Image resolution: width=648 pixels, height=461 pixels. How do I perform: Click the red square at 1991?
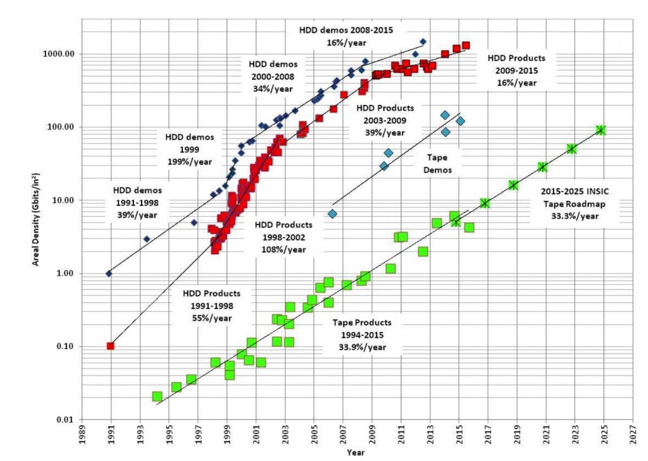[x=110, y=346]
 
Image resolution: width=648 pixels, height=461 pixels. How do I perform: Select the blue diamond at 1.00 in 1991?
[x=108, y=273]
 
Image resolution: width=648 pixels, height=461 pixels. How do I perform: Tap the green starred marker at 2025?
[x=601, y=130]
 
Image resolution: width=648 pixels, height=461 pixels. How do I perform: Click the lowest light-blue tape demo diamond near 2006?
[x=332, y=214]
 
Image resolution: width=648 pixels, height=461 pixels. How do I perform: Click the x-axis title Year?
[x=355, y=453]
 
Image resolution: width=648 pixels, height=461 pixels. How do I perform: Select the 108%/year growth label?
[x=284, y=249]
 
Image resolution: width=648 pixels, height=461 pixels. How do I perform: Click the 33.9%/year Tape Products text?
[x=363, y=347]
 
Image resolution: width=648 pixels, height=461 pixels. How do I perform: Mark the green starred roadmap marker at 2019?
[x=513, y=185]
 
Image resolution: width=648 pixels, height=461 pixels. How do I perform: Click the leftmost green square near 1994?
[x=157, y=396]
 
